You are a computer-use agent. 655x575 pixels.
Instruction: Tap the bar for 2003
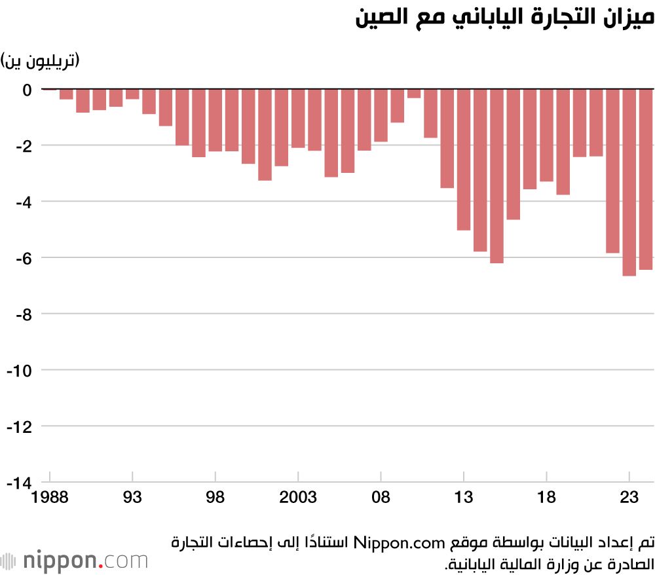coord(298,118)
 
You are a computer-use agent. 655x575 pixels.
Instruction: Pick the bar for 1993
coord(132,94)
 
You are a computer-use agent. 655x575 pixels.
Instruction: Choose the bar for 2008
coord(381,115)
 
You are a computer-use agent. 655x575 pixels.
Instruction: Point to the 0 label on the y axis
coord(27,89)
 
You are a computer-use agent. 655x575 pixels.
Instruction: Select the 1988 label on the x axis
coord(50,498)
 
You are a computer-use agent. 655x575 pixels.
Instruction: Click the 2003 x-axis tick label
coord(298,498)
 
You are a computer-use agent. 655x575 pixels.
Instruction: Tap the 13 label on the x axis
coord(464,498)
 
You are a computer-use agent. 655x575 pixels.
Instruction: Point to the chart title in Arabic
coord(504,18)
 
